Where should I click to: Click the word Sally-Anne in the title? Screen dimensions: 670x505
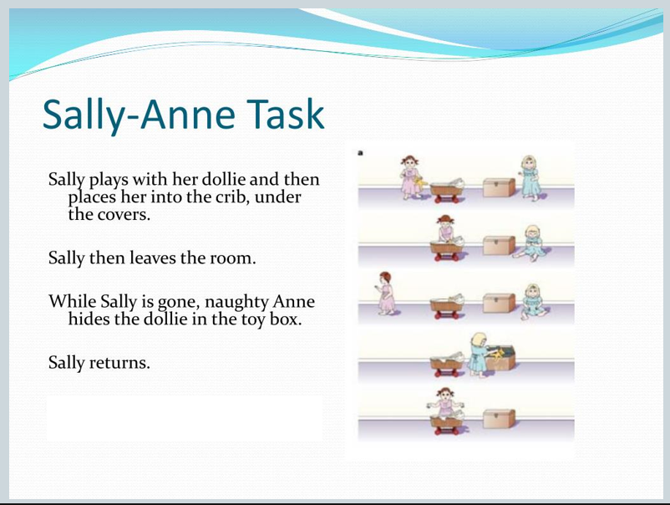[x=139, y=115]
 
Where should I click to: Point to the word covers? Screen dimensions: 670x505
[x=124, y=215]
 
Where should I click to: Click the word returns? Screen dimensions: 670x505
[x=119, y=363]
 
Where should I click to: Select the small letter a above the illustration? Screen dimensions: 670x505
[x=360, y=153]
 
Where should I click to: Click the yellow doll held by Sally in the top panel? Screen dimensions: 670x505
[x=420, y=183]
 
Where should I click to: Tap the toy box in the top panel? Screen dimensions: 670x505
[x=499, y=187]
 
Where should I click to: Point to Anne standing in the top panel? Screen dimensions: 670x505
[x=530, y=178]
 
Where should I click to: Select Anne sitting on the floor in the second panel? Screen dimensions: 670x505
[x=530, y=242]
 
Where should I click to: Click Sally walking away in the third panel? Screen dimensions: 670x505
[x=386, y=293]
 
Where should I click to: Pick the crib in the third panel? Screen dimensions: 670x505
[x=448, y=305]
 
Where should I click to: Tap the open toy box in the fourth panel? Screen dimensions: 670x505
[x=501, y=357]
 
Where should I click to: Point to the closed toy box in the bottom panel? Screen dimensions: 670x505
[x=499, y=418]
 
